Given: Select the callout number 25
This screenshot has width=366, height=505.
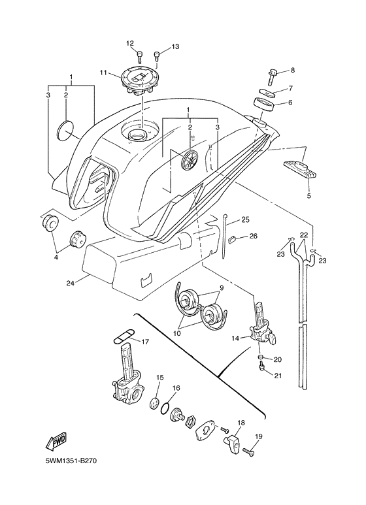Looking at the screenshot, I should (x=246, y=219).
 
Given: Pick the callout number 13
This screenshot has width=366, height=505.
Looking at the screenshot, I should (x=175, y=47).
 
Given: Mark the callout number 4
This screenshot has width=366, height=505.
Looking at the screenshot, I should (x=56, y=257).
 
